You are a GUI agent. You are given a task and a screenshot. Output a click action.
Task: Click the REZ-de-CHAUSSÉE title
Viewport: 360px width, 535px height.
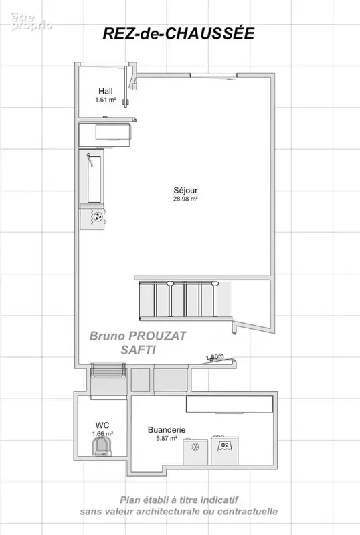(179, 34)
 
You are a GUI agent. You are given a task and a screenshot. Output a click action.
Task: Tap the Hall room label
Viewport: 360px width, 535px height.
(106, 91)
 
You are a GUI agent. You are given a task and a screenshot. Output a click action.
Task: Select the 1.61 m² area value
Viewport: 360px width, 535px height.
(106, 100)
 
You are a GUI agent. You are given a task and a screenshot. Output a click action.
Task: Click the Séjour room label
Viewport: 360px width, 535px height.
(185, 191)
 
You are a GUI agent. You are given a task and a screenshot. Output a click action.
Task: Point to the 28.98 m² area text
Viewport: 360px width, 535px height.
(185, 199)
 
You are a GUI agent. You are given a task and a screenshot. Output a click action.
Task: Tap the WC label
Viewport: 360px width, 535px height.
(102, 425)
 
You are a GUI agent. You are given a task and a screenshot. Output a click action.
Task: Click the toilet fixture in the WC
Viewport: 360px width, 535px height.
(102, 446)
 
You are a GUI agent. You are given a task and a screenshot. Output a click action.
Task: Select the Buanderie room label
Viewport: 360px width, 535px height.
(167, 430)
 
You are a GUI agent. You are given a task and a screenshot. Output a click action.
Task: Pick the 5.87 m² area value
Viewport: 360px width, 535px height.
(167, 439)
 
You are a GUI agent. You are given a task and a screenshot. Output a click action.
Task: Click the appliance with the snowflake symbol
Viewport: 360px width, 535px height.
(195, 452)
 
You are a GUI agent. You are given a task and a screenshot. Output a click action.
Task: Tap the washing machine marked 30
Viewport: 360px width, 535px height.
(224, 450)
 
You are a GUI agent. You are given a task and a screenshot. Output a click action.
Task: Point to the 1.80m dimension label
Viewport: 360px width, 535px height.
(215, 357)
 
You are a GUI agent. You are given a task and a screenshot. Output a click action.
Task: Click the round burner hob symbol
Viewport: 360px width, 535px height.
(98, 215)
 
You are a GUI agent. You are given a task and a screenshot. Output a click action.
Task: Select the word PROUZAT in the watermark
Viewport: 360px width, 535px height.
(157, 336)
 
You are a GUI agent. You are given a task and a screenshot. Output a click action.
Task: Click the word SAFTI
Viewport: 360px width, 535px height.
(139, 350)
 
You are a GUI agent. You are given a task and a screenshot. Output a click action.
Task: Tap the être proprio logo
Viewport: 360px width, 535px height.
(31, 21)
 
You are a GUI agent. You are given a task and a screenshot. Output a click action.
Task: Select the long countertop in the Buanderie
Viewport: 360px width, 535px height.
(230, 404)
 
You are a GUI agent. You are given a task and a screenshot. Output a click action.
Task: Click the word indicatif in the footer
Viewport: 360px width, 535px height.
(219, 500)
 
